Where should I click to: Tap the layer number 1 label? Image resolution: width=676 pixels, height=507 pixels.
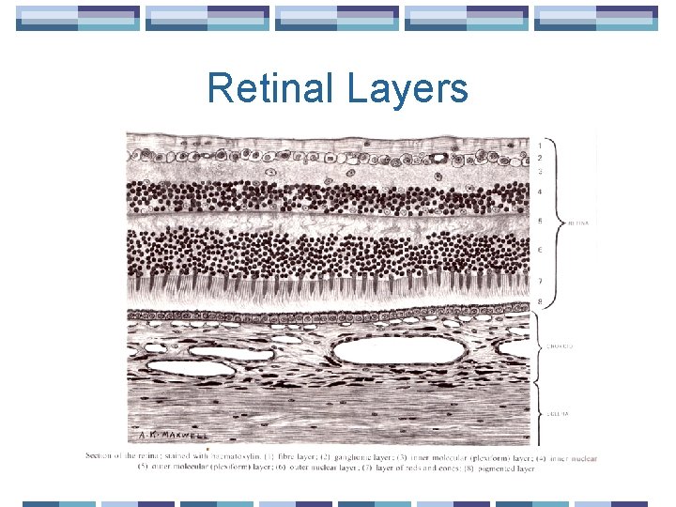pyautogui.click(x=539, y=146)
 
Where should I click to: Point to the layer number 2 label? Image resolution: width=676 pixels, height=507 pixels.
pyautogui.click(x=539, y=159)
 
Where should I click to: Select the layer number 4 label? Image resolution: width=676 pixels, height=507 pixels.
pyautogui.click(x=539, y=192)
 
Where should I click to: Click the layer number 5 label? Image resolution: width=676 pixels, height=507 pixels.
pyautogui.click(x=539, y=222)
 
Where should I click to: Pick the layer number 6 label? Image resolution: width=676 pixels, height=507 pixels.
pyautogui.click(x=539, y=250)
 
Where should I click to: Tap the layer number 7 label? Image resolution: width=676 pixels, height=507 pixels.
pyautogui.click(x=539, y=281)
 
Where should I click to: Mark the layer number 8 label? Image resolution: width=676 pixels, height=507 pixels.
pyautogui.click(x=539, y=301)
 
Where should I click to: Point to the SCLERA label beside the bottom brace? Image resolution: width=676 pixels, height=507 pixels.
pyautogui.click(x=557, y=413)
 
